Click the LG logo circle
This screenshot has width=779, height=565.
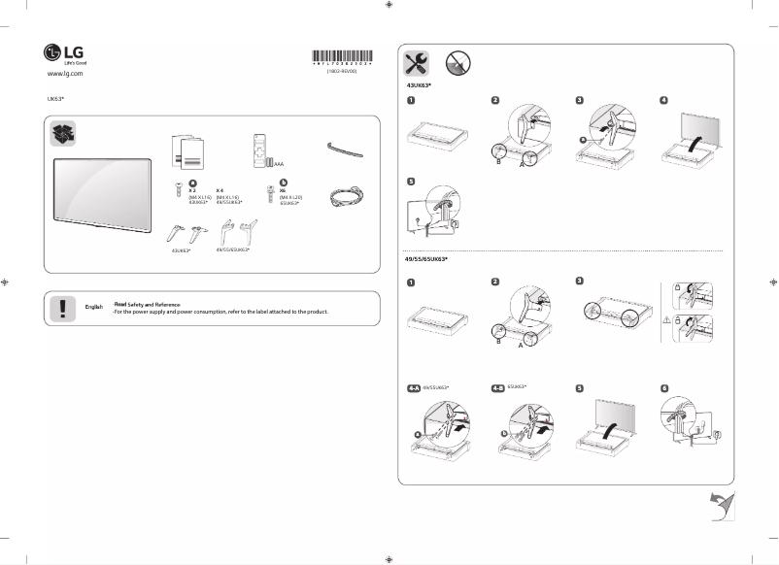(52, 52)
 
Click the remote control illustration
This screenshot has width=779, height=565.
(257, 150)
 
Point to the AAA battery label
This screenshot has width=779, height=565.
(280, 165)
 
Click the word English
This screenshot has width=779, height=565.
(94, 307)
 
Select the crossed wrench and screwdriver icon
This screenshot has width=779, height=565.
(416, 63)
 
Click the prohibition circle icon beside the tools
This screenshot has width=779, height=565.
(457, 63)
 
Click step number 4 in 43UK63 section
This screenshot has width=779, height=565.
(663, 100)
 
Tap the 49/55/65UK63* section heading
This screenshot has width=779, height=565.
(426, 260)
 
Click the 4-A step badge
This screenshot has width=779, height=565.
(413, 386)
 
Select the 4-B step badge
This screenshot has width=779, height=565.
(498, 386)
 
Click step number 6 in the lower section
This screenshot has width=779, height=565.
(663, 386)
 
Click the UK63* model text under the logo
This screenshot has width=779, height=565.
(55, 99)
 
